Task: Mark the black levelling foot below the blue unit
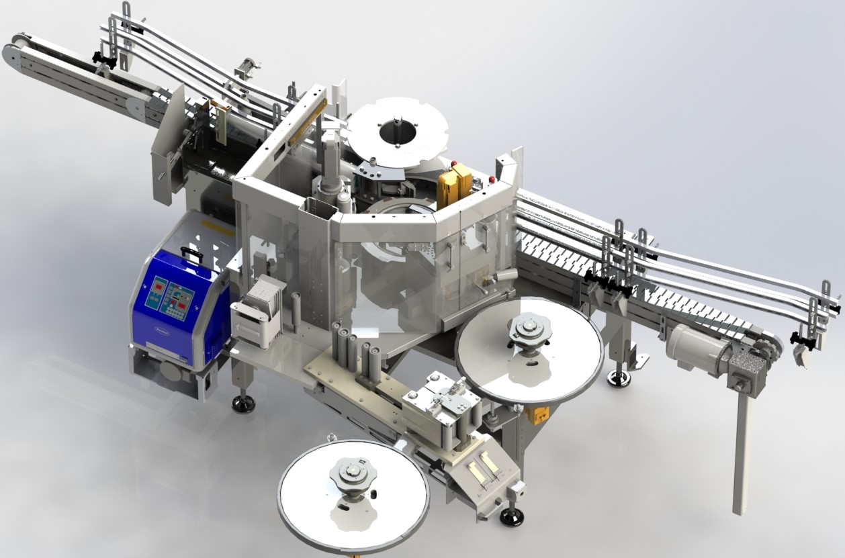point(243,404)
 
